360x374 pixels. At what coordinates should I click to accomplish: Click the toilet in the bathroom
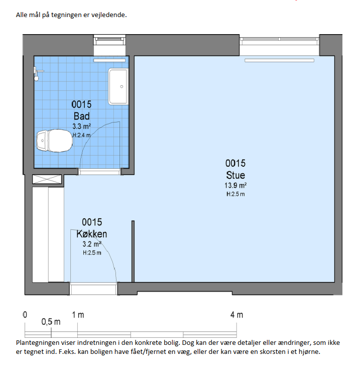54,141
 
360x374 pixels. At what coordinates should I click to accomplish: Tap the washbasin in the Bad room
118,86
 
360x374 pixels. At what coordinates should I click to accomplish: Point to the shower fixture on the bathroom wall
38,73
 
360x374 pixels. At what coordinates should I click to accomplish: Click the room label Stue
235,175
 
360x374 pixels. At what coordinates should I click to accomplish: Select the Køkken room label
91,234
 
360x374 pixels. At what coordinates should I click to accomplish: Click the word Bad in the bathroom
82,116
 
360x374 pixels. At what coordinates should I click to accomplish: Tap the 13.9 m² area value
235,185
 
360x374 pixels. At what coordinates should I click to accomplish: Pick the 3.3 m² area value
82,126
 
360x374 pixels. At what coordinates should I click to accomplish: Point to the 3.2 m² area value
92,244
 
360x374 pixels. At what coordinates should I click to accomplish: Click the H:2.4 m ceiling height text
82,135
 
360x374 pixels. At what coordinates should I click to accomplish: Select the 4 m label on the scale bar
236,315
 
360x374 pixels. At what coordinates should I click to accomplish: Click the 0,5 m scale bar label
51,322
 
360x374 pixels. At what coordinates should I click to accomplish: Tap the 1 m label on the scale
78,315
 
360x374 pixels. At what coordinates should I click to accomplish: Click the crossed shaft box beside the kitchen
47,179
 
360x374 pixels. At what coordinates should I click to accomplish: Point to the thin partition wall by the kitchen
133,252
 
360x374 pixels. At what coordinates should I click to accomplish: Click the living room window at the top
279,41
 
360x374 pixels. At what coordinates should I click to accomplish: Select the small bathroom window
109,40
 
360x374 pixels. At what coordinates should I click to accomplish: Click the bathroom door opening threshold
99,172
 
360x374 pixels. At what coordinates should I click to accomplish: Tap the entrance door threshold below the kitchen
93,289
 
